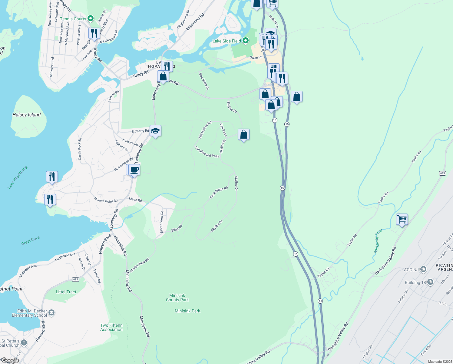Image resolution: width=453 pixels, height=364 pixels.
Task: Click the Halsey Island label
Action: click(26, 115)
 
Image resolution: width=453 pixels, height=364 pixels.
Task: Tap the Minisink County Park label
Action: click(177, 298)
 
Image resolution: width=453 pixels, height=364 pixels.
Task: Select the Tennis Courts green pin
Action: click(91, 19)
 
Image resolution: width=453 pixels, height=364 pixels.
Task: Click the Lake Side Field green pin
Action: click(246, 41)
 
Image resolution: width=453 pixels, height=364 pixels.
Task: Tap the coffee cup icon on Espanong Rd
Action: click(134, 170)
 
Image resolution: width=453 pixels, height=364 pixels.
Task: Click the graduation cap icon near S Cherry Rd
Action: click(155, 131)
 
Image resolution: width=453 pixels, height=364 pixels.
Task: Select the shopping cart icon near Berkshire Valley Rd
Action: click(402, 219)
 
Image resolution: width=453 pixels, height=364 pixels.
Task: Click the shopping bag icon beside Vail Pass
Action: click(243, 134)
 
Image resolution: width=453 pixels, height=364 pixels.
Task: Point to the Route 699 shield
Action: click(442, 173)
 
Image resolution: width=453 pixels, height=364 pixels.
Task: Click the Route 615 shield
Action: click(75, 279)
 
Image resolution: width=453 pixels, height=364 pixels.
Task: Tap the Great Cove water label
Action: click(31, 241)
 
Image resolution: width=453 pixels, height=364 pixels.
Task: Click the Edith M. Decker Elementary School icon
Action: click(51, 312)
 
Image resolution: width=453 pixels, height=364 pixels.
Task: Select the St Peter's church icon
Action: click(24, 343)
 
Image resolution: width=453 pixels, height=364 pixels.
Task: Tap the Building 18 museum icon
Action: click(430, 282)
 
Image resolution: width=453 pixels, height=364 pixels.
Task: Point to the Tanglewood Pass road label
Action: click(207, 152)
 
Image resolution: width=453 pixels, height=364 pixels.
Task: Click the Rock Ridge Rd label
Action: click(219, 193)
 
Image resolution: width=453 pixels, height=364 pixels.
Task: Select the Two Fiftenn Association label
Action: click(111, 327)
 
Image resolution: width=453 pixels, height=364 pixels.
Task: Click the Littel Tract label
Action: click(66, 292)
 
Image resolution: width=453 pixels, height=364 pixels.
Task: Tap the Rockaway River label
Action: click(378, 241)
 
